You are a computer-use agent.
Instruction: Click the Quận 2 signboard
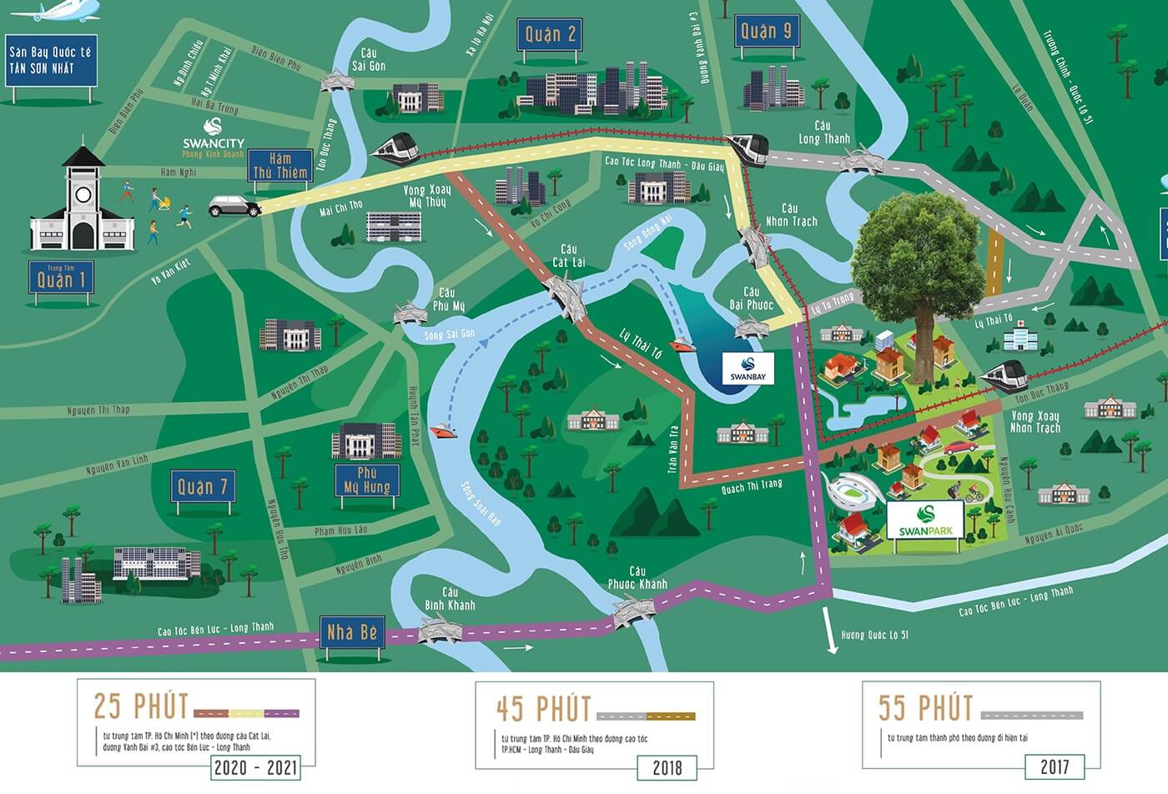point(550,34)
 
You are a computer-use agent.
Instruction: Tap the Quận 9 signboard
point(766,33)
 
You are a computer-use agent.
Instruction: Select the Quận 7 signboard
point(202,486)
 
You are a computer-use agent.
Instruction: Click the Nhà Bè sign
point(351,633)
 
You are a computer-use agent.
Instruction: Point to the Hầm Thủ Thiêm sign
point(280,165)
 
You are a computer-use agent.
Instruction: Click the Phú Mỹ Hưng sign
point(367,480)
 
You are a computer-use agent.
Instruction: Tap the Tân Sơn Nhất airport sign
point(51,60)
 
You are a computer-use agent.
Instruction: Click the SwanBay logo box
point(748,368)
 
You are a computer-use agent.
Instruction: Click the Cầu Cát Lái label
point(568,255)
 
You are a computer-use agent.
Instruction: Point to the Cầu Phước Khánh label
point(637,578)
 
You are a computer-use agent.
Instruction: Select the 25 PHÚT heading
point(140,706)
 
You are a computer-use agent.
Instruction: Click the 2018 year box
point(667,767)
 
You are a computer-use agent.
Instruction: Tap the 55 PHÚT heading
point(925,708)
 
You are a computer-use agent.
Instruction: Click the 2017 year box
point(1055,766)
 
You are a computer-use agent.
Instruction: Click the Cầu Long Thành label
point(823,133)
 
